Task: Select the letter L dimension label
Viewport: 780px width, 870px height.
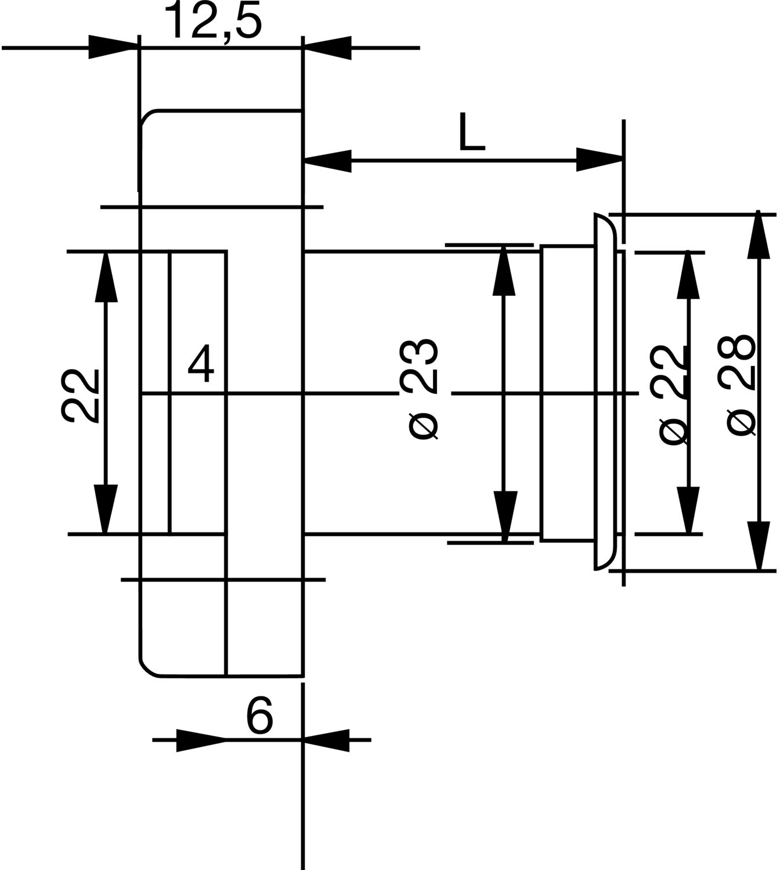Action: (472, 132)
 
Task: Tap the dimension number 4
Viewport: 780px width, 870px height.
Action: (201, 363)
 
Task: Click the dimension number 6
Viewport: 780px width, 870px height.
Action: (259, 715)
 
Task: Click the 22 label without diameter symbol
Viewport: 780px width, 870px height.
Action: (80, 396)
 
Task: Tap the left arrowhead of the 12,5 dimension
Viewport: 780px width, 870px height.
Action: (113, 48)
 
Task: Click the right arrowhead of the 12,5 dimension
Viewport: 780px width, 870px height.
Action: (327, 48)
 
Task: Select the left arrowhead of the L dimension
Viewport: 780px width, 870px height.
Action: (327, 161)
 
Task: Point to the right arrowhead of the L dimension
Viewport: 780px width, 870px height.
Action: (600, 159)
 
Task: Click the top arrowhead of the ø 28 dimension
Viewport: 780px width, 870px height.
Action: (759, 235)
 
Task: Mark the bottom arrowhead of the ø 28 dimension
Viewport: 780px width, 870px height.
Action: (759, 545)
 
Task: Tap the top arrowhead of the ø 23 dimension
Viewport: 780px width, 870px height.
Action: (504, 271)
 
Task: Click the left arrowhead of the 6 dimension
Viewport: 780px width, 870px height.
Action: (201, 740)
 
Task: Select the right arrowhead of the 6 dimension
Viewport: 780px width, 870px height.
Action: (326, 740)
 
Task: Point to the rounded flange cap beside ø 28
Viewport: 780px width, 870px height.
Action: (605, 391)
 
